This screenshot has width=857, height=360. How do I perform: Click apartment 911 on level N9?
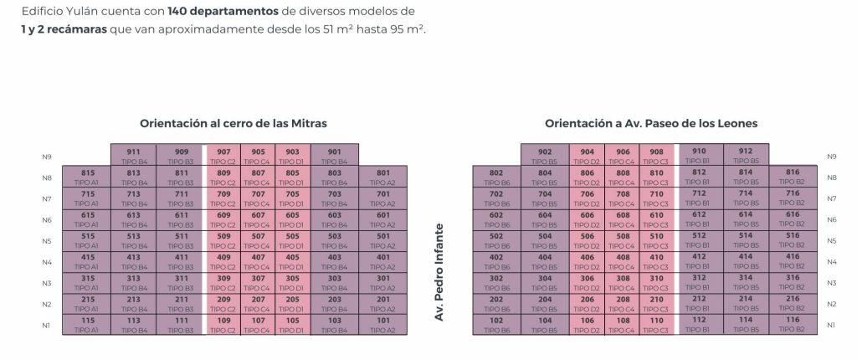(x=134, y=155)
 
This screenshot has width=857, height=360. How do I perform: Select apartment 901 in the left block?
(x=335, y=155)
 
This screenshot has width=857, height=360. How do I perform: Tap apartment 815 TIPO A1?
(x=89, y=176)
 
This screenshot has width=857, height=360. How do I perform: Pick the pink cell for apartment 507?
(x=258, y=239)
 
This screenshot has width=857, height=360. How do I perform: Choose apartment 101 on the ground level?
(x=383, y=323)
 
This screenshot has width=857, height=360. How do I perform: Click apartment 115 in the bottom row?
(x=89, y=323)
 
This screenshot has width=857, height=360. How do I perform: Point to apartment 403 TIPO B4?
(x=335, y=260)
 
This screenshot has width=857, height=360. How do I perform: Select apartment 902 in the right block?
(x=546, y=155)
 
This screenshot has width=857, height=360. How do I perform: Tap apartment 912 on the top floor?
(x=746, y=155)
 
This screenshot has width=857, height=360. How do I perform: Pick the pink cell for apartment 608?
(x=623, y=219)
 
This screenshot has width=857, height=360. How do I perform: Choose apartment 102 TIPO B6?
(x=496, y=323)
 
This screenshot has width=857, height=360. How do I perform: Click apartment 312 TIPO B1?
(x=700, y=281)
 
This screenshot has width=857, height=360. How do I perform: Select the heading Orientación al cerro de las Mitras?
(x=233, y=123)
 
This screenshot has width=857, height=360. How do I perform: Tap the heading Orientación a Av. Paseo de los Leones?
(x=651, y=123)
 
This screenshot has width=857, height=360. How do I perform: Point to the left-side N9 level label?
(x=47, y=157)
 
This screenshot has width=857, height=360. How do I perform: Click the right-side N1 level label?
(x=831, y=325)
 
